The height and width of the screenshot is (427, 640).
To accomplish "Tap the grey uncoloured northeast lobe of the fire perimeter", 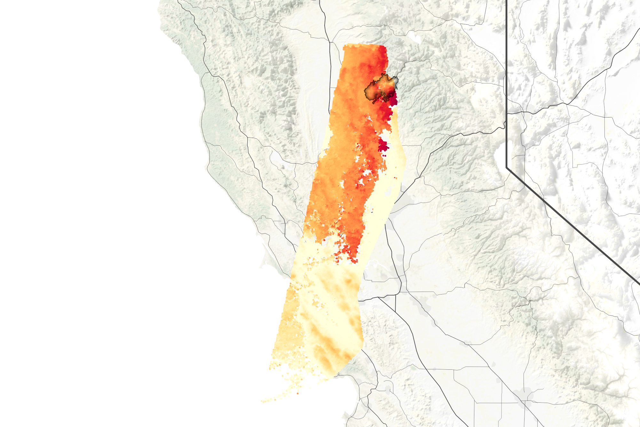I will (x=395, y=82).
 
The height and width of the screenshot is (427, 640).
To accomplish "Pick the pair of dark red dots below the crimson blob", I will (x=384, y=156).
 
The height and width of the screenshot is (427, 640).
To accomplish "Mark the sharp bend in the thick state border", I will (x=507, y=167).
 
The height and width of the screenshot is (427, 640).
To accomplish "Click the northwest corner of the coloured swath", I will (x=344, y=47).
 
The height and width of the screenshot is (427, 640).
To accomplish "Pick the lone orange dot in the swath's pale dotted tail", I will (x=297, y=393).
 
